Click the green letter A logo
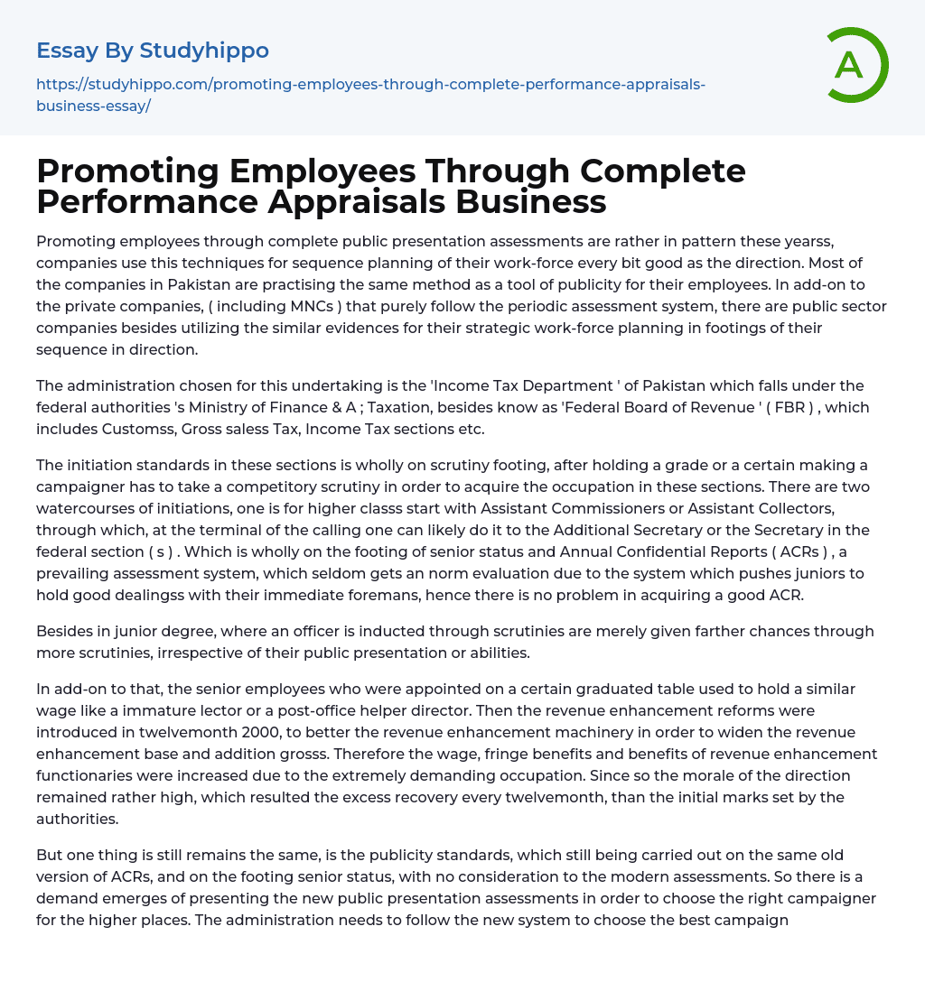coord(851,65)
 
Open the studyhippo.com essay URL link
coord(370,94)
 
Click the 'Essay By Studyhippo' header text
coord(153,51)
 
